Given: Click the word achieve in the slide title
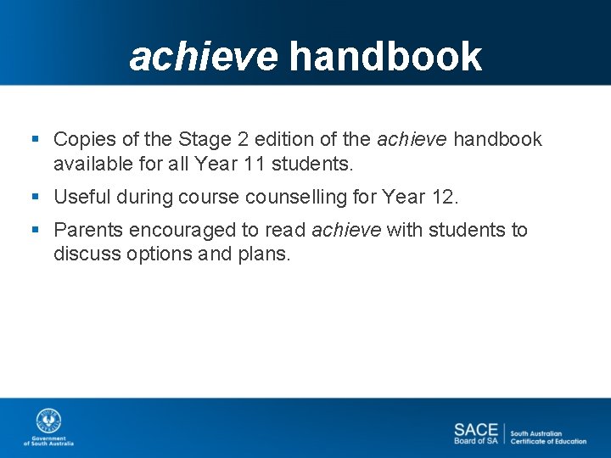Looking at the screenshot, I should coord(203,57).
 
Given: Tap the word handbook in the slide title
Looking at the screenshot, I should coord(385,57).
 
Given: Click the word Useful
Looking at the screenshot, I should coord(82,198).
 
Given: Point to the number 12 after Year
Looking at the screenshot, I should coord(443,198).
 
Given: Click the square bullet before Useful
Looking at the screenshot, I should coord(35,198).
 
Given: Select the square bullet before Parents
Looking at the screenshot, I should coord(35,230).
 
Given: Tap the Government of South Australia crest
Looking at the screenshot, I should coord(48,422).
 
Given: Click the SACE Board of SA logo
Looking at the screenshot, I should coord(475,433).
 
